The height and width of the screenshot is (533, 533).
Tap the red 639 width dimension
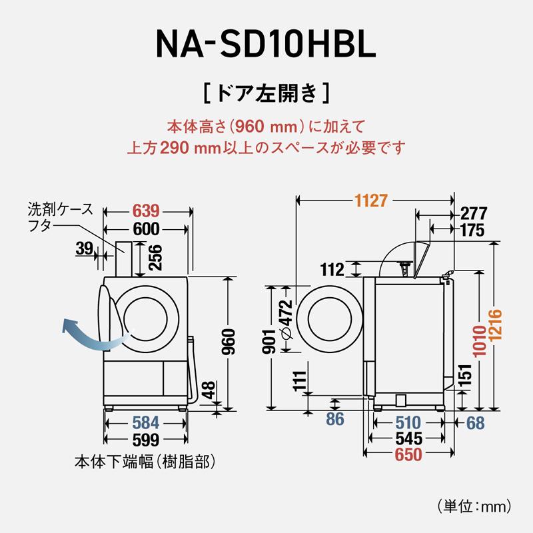[146, 211]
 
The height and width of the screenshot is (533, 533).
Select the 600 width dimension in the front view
[146, 230]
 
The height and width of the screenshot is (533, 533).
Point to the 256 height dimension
[155, 257]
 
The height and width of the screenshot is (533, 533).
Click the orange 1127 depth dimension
[371, 199]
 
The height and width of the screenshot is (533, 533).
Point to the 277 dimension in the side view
[474, 213]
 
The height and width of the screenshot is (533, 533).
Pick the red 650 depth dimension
[408, 456]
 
